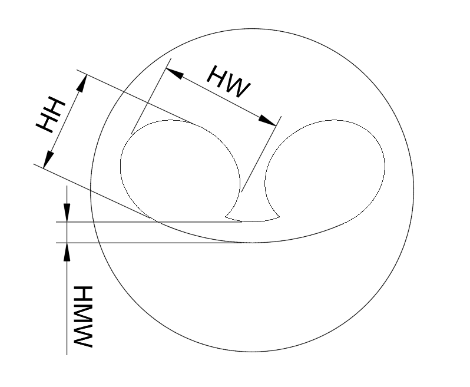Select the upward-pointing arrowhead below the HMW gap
(68, 251)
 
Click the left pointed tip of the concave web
(228, 218)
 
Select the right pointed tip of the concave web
(279, 217)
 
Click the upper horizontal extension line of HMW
(147, 222)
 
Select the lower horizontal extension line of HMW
(147, 243)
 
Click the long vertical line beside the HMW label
(68, 306)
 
